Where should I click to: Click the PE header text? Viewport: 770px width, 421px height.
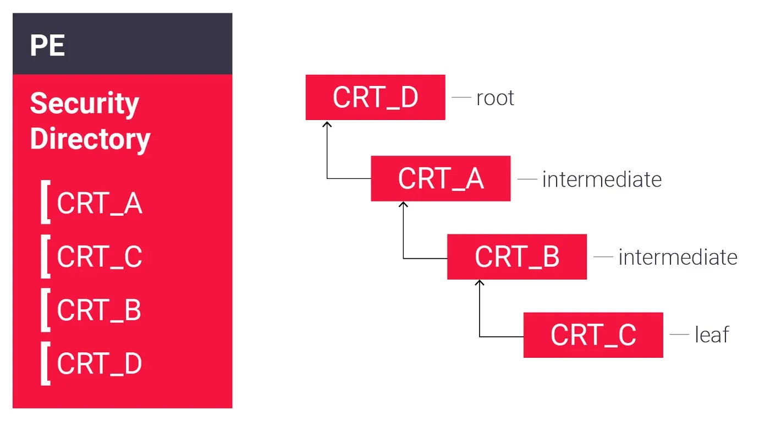click(x=47, y=46)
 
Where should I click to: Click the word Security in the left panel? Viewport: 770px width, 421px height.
click(x=84, y=103)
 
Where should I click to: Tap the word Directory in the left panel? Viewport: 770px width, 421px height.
click(x=90, y=138)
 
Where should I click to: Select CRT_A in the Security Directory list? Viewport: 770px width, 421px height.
click(x=100, y=204)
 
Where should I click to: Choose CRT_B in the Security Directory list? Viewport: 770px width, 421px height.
click(x=99, y=310)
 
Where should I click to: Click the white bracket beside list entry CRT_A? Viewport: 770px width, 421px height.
click(x=45, y=204)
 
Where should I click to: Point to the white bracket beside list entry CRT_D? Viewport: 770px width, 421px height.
click(x=45, y=364)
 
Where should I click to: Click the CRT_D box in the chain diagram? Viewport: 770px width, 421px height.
click(x=375, y=97)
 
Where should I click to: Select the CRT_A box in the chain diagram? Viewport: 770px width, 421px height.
click(x=441, y=179)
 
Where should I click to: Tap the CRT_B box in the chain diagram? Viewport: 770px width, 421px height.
click(x=516, y=257)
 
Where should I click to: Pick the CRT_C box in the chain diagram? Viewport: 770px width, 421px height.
click(x=593, y=335)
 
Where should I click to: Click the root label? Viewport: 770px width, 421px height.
click(x=495, y=98)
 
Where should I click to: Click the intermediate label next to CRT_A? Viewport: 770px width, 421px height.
click(x=602, y=179)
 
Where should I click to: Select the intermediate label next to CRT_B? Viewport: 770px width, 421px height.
click(x=678, y=258)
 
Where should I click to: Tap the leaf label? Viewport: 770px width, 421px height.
click(x=712, y=335)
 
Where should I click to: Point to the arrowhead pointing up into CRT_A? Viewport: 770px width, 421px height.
click(x=404, y=206)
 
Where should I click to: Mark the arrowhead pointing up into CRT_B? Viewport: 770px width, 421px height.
click(x=480, y=284)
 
